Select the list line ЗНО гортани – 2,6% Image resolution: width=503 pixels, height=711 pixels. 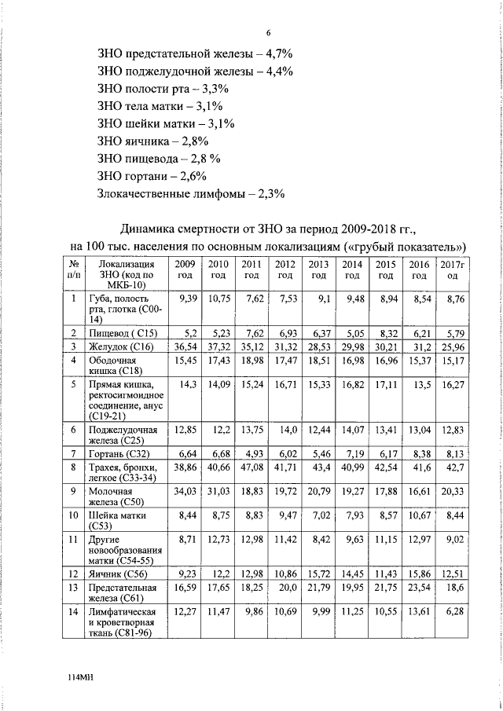pyautogui.click(x=152, y=175)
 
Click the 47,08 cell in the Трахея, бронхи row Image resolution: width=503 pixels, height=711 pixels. pyautogui.click(x=251, y=467)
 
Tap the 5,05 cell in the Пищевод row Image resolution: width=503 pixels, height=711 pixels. pyautogui.click(x=352, y=334)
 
